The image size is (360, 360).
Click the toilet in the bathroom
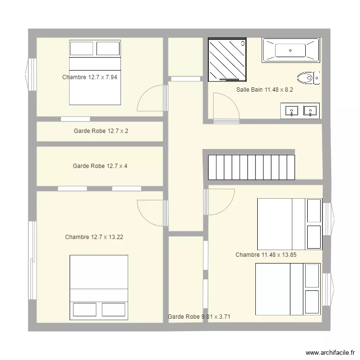click(308, 78)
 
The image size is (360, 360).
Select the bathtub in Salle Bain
click(291, 50)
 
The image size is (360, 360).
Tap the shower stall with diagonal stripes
click(228, 60)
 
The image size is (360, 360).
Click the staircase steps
click(252, 167)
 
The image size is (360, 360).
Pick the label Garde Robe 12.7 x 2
click(101, 131)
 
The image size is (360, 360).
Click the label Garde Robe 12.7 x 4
click(100, 166)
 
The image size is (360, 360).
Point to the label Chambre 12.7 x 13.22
click(94, 237)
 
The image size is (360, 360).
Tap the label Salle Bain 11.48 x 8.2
click(264, 90)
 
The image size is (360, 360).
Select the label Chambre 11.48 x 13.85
click(266, 254)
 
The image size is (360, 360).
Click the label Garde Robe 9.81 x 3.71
click(199, 317)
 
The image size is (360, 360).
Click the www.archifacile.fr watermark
click(330, 353)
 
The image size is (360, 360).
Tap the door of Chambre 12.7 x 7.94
click(153, 98)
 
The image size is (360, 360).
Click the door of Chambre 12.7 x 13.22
click(153, 213)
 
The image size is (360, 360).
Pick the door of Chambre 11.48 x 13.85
click(219, 202)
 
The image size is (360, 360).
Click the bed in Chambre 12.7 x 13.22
click(99, 288)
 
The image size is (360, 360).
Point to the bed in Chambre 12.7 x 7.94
click(95, 72)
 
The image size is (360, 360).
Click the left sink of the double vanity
click(291, 111)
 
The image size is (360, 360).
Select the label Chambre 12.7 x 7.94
click(90, 77)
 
